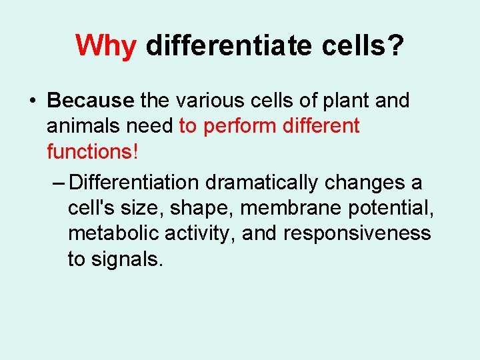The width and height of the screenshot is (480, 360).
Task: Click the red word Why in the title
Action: (107, 45)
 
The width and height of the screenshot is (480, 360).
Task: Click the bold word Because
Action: (91, 101)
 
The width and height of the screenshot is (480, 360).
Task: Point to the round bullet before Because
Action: (32, 101)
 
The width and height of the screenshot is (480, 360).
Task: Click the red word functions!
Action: (93, 151)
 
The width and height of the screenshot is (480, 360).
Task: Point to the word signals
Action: (127, 259)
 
